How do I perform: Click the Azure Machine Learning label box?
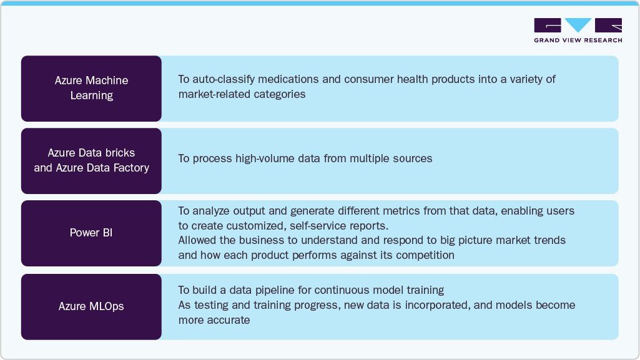(x=91, y=88)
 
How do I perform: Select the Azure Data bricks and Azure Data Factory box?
(x=91, y=160)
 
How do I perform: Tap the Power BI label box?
(x=91, y=233)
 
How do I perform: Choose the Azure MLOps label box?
(x=91, y=306)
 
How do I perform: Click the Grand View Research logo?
(x=578, y=30)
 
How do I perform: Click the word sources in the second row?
(x=411, y=158)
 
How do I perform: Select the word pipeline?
(x=290, y=290)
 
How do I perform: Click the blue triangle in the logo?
(x=578, y=25)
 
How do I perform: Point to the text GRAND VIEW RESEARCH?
(x=578, y=41)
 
